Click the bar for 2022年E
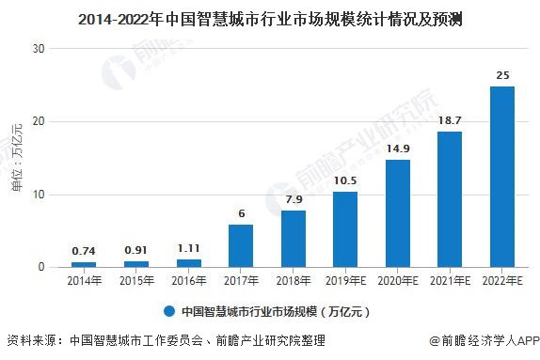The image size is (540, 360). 502,177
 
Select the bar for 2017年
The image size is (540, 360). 241,245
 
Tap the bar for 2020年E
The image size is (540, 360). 398,213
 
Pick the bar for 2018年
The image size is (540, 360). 294,239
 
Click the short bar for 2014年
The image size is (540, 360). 84,264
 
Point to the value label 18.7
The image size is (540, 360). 450,118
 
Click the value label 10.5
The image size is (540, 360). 345,179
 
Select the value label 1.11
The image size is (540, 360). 189,247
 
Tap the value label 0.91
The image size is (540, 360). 136,249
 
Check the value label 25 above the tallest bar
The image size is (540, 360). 502,73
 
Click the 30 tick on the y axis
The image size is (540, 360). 39,48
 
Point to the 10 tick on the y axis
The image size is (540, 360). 39,195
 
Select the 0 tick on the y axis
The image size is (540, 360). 42,268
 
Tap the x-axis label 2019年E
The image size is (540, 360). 345,282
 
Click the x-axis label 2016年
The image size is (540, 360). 189,282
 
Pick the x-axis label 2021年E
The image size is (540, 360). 450,282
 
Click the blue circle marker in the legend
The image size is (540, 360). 169,311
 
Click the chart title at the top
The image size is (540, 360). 269,17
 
